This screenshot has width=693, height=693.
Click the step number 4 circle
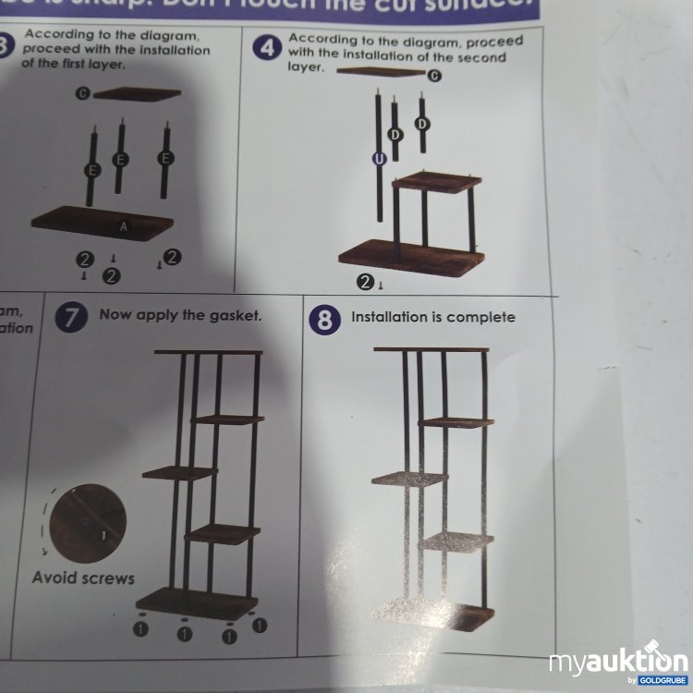pos(268,49)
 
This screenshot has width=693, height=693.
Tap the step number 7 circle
pos(70,317)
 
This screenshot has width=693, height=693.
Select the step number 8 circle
pos(324,320)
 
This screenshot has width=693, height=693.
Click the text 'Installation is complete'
pos(433,317)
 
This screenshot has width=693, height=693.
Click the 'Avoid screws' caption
pos(83,578)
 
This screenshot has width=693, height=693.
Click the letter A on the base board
pos(123,225)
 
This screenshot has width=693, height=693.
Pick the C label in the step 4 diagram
pos(434,76)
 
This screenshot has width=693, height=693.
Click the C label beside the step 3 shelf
pos(82,94)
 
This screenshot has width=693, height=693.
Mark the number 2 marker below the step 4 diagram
pos(365,281)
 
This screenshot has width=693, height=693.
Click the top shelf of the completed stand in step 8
pos(431,349)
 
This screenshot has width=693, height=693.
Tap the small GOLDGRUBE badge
pos(660,681)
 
